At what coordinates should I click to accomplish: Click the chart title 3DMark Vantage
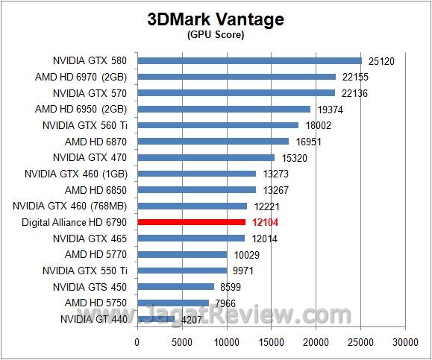[215, 19]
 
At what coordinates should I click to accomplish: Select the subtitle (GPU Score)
[215, 35]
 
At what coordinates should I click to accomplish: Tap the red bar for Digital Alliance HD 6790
[191, 222]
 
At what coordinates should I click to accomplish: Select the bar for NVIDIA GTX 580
[249, 60]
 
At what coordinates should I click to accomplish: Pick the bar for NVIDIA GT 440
[156, 319]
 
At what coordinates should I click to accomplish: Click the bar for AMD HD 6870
[213, 141]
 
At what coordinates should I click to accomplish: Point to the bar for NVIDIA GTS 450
[175, 286]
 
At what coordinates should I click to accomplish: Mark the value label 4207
[190, 319]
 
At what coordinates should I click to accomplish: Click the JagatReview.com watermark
[269, 315]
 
